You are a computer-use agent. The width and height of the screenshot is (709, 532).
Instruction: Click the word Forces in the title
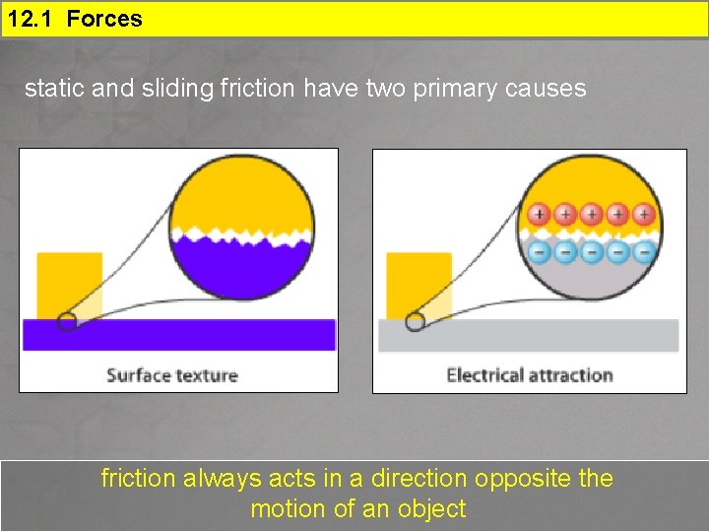104,19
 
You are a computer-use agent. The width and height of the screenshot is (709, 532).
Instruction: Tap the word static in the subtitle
54,89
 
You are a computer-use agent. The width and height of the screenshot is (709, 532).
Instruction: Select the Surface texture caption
172,375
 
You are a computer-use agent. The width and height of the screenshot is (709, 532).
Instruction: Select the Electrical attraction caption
529,375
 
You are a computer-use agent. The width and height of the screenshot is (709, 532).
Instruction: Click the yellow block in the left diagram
70,285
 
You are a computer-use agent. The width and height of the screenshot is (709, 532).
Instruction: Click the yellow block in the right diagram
419,285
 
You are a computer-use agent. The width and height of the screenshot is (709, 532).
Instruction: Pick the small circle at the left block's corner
67,321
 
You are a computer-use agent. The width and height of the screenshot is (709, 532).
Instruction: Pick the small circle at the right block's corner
416,321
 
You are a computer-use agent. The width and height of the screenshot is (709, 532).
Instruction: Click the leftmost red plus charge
539,214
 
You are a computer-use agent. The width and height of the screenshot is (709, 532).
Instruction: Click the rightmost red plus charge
644,214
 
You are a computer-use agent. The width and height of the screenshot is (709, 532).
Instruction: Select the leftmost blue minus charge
539,252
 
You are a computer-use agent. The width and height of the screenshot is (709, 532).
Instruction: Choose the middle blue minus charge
591,252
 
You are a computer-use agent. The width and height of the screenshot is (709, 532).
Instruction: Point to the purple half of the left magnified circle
242,271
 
